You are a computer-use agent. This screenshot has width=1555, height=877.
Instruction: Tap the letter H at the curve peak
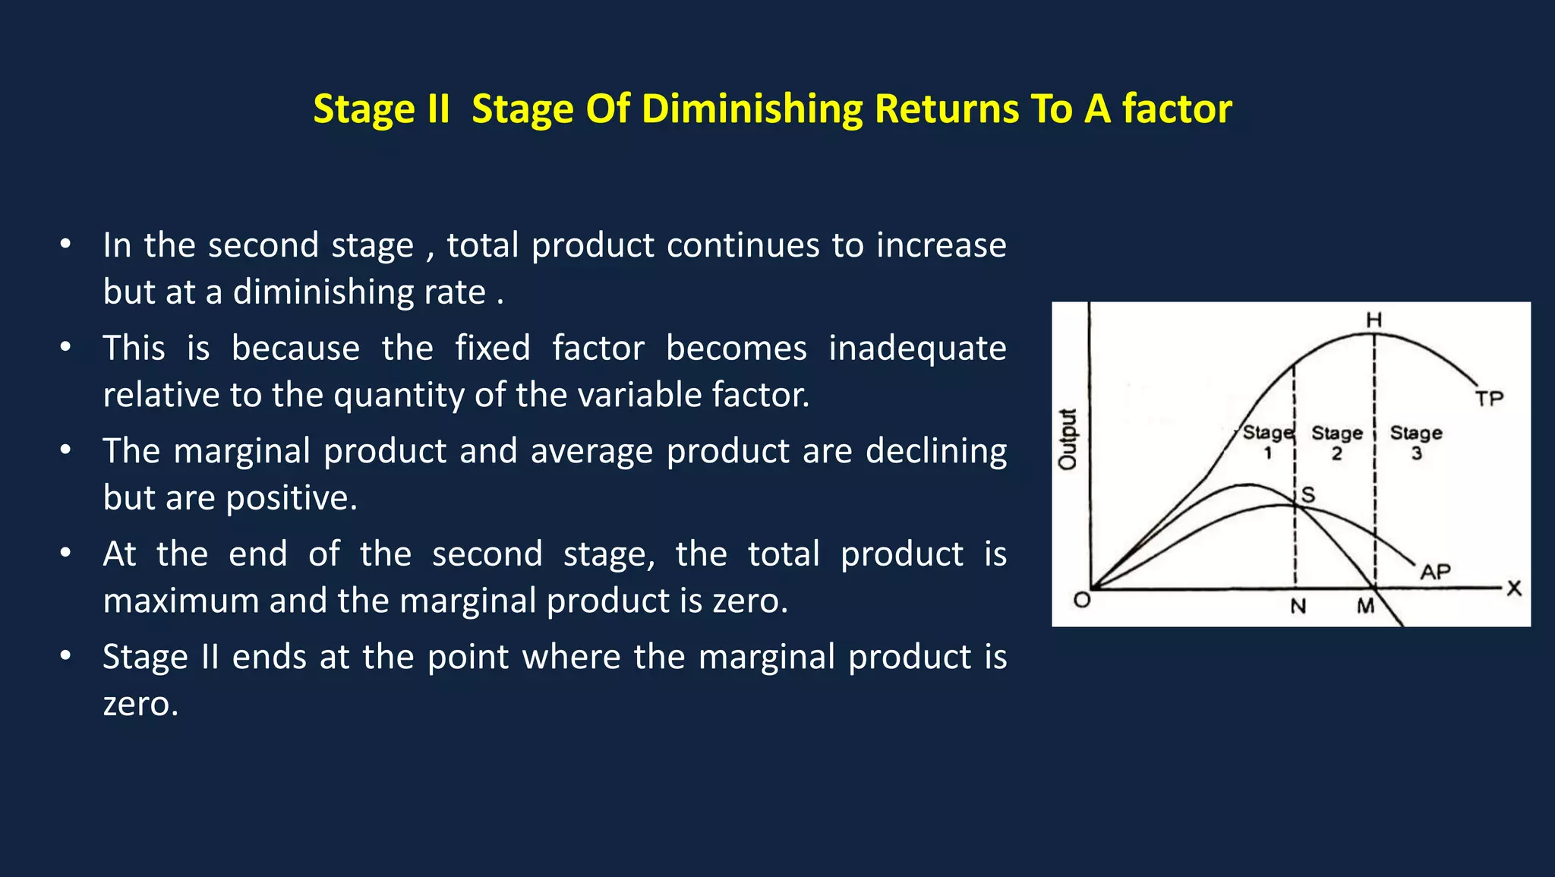pos(1374,320)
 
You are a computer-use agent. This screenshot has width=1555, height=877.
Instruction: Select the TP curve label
pos(1489,399)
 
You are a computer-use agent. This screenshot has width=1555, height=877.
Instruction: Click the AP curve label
pos(1435,572)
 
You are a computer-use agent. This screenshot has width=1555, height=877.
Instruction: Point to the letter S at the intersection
pos(1308,495)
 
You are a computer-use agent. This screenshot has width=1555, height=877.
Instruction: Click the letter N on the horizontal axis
pos(1298,607)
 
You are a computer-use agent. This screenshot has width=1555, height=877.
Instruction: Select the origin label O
pos(1082,601)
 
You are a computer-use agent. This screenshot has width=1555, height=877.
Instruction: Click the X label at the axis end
pos(1514,588)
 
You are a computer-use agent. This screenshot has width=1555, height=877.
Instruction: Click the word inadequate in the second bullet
pos(916,349)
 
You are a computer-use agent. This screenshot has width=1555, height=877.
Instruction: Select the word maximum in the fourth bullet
pos(181,601)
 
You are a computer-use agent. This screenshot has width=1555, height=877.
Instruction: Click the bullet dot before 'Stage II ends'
pos(66,655)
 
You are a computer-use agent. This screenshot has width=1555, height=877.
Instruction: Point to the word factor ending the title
pos(1177,109)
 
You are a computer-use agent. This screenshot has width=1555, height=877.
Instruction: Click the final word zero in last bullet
pos(139,704)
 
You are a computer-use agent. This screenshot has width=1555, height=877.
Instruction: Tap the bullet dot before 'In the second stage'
pos(66,244)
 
